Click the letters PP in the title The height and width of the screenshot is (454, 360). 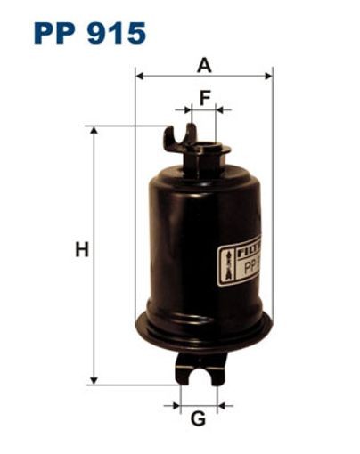tap(56, 33)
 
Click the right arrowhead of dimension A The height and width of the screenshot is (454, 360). tap(268, 77)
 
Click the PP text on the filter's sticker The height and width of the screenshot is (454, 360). tap(250, 263)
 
